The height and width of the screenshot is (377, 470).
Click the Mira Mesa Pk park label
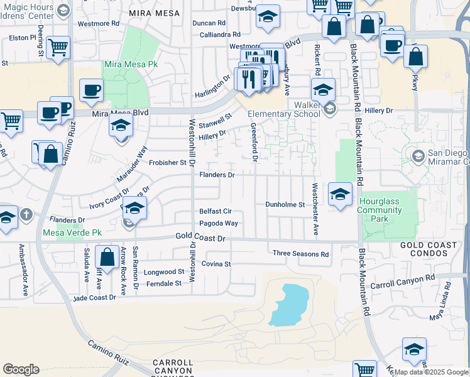pos(131,65)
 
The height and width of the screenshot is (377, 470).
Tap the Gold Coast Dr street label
pos(199,239)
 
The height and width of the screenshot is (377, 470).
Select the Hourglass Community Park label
pos(380,210)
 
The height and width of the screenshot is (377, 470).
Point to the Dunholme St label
pos(285,205)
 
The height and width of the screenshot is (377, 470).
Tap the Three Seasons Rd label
pos(300,254)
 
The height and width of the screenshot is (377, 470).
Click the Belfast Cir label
pos(216,212)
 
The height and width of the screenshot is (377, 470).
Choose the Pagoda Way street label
pos(219,224)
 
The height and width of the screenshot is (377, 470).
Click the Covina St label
pos(217,264)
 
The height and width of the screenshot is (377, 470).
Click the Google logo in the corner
pos(21,369)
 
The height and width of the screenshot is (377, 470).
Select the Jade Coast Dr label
pos(95,298)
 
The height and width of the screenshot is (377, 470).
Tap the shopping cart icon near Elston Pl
pos(58,47)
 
